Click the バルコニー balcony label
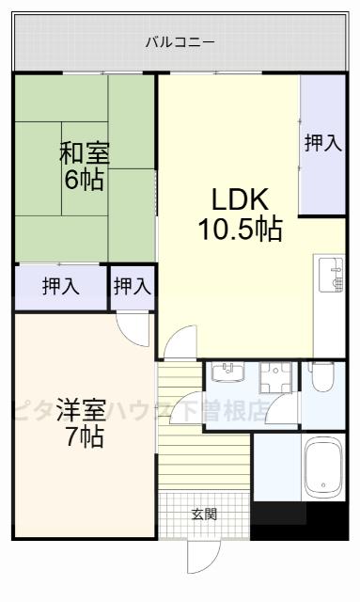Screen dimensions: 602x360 (180, 42)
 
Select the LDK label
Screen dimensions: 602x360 (240, 200)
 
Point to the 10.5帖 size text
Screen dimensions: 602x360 (240, 229)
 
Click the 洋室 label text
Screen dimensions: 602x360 (79, 410)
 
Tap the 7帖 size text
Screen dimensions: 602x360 (84, 436)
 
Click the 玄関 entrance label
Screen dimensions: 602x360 (204, 514)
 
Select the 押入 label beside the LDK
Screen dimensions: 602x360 (323, 143)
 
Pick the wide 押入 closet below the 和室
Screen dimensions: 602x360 (60, 287)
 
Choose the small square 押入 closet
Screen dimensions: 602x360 (133, 287)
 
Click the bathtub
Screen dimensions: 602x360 (325, 468)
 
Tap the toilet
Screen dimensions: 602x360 (321, 378)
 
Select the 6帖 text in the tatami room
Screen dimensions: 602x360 (83, 179)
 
